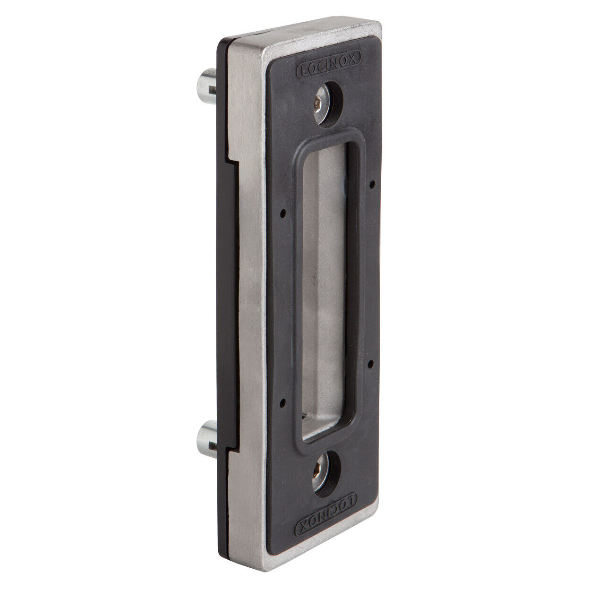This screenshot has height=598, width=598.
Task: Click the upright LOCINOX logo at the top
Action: [x=329, y=65]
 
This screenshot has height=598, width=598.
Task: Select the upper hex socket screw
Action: [x=323, y=104]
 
